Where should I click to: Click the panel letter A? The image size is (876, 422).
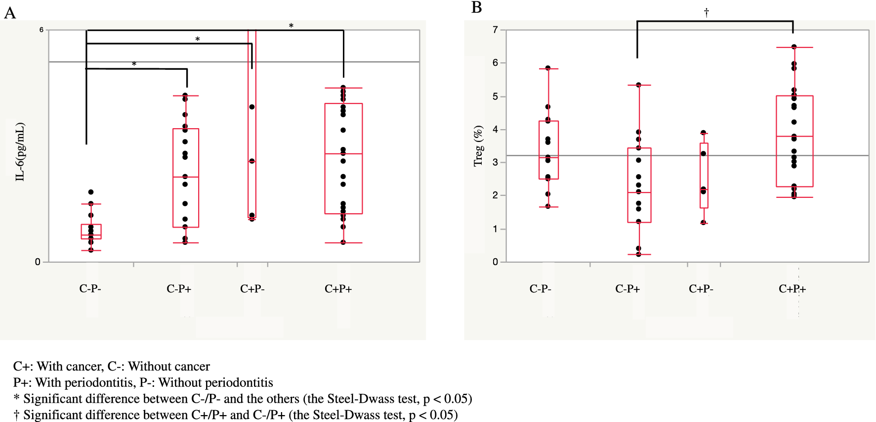tap(10, 13)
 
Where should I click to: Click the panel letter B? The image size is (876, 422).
tap(476, 7)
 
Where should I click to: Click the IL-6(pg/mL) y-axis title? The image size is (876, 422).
tap(20, 152)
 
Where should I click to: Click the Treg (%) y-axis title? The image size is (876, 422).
tap(478, 146)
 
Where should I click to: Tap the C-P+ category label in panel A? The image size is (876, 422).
tap(179, 289)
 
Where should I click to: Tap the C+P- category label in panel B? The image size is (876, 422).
tap(701, 289)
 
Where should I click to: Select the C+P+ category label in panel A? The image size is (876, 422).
tap(338, 289)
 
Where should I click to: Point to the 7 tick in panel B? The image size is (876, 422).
tap(495, 30)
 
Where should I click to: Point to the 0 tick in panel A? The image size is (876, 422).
tap(38, 262)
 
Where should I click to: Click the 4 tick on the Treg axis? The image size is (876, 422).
tap(495, 130)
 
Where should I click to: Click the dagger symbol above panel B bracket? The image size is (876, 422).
tap(707, 12)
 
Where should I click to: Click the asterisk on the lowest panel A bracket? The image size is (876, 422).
tap(134, 64)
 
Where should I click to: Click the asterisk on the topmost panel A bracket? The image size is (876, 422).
tap(291, 26)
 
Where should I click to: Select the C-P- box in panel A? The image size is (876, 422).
tap(91, 232)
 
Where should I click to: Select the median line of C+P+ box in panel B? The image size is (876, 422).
tap(794, 136)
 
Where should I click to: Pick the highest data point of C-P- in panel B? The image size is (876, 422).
tap(548, 68)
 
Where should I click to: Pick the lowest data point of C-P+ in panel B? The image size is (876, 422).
tap(639, 254)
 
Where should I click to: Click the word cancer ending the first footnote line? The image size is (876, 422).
tap(194, 367)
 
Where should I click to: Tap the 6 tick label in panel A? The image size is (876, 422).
tap(42, 30)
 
